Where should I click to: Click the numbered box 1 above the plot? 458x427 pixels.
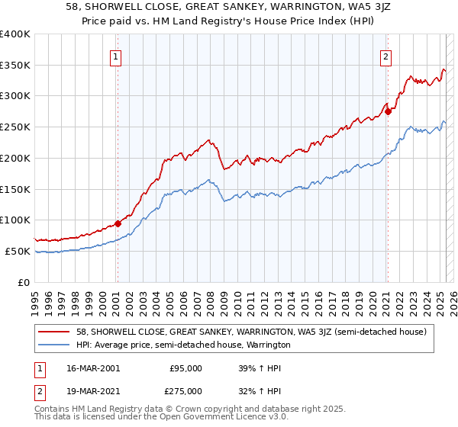click(x=115, y=56)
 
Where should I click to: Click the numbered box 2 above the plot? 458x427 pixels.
click(x=386, y=56)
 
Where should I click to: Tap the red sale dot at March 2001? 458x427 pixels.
click(x=118, y=223)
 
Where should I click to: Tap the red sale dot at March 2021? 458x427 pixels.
click(x=388, y=111)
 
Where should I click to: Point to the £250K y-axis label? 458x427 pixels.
click(x=15, y=127)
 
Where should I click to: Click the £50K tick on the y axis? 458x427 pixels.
click(x=18, y=251)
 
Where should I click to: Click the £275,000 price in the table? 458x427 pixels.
click(x=185, y=390)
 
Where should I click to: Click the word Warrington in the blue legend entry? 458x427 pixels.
click(x=268, y=345)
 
